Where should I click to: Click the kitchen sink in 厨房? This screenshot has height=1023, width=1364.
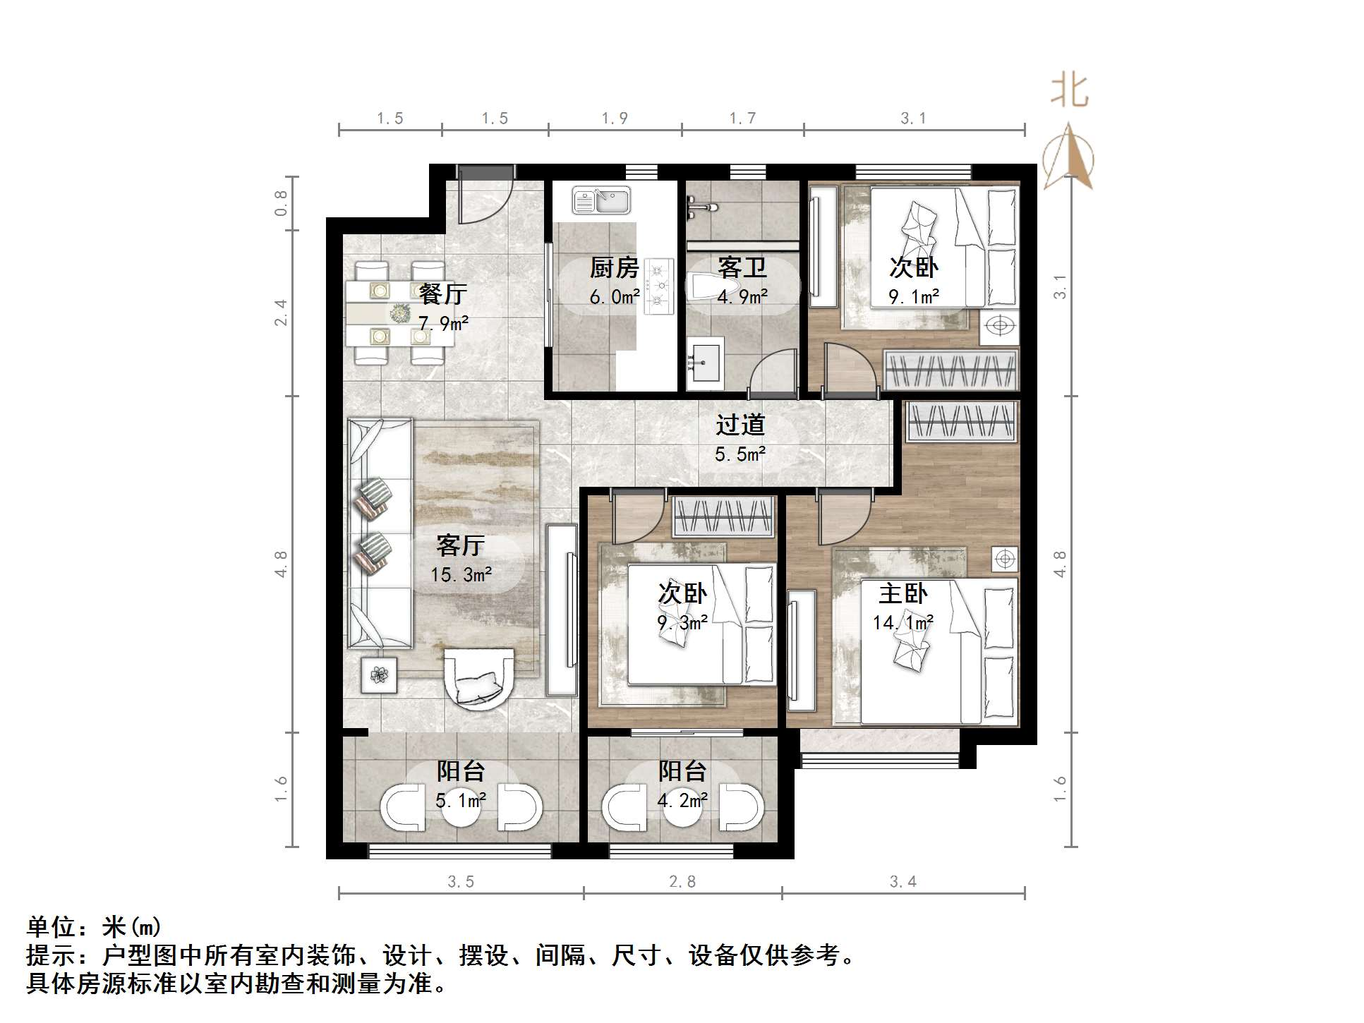[601, 200]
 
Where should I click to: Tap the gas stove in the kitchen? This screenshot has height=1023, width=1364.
[660, 286]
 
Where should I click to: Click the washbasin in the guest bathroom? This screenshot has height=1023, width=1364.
[704, 363]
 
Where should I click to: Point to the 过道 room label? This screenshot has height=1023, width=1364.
[740, 425]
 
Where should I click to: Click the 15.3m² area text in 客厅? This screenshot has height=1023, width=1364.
[461, 575]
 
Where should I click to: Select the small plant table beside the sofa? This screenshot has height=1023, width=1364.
[379, 675]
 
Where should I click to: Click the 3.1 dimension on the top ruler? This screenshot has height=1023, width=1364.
[913, 119]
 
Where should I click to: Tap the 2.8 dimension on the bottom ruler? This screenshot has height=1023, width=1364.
[682, 882]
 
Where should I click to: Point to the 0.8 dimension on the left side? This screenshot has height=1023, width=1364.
[282, 202]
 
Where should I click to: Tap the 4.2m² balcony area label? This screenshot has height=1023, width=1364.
[682, 801]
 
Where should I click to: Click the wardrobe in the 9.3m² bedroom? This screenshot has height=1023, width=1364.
[723, 517]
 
